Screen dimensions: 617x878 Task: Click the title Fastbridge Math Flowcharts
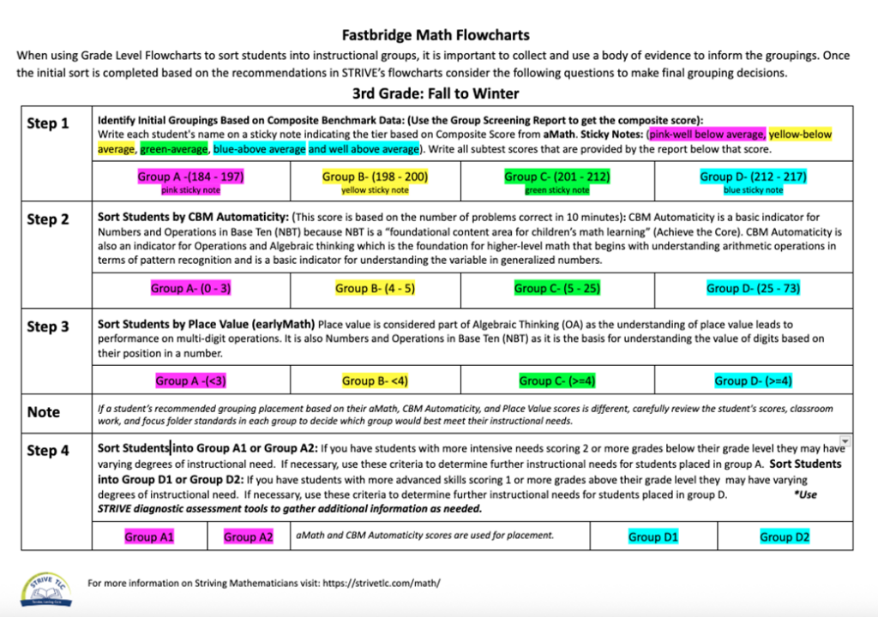pyautogui.click(x=436, y=35)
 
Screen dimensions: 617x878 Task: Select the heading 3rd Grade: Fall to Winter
pyautogui.click(x=436, y=93)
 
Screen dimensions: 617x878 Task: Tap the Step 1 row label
pyautogui.click(x=48, y=123)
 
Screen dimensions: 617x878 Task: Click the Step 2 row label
pyautogui.click(x=48, y=219)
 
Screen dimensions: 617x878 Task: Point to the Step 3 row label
pyautogui.click(x=48, y=326)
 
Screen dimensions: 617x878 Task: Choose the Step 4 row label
pyautogui.click(x=48, y=450)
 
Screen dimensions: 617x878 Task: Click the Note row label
pyautogui.click(x=43, y=411)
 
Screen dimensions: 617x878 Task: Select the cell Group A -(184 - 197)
pyautogui.click(x=190, y=177)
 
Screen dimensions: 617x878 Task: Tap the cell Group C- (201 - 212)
pyautogui.click(x=557, y=177)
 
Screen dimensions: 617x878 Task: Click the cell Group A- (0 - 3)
pyautogui.click(x=190, y=289)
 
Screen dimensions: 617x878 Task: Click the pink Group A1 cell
pyautogui.click(x=149, y=537)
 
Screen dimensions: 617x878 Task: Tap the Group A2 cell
pyautogui.click(x=249, y=537)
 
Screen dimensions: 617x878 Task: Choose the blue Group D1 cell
pyautogui.click(x=653, y=537)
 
